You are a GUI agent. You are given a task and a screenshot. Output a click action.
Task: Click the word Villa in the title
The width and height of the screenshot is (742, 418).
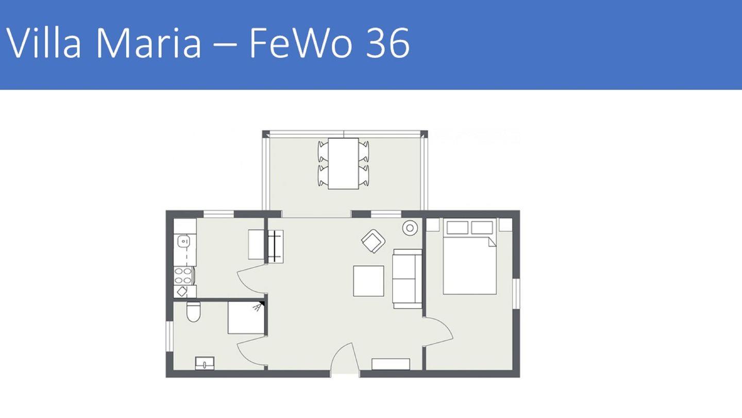point(43,43)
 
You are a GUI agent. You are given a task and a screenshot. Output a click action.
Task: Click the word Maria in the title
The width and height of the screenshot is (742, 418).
point(149,43)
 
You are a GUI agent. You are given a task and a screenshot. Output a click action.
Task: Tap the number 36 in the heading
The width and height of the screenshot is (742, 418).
point(388,43)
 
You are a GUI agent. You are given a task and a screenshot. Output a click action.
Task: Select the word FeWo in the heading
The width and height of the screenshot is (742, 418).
point(300,43)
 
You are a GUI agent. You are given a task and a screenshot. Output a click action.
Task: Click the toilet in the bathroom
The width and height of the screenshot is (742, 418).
point(193,311)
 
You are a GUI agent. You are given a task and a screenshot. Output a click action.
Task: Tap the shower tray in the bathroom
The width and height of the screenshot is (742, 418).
point(246,317)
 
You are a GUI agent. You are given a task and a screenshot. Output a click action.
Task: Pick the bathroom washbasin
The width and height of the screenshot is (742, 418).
point(205,363)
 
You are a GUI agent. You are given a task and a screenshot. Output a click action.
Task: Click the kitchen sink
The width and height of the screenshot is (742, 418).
point(184,241)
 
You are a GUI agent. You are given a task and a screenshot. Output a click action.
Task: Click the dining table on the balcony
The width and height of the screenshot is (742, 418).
point(344,164)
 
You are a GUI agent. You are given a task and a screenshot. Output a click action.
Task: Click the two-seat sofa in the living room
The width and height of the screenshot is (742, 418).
point(407,279)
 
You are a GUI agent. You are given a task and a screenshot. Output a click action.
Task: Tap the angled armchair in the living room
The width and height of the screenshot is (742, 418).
point(373,241)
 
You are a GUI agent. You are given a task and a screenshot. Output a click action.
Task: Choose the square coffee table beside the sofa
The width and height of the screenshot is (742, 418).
point(369,281)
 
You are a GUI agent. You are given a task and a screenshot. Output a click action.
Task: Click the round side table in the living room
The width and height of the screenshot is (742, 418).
point(410,228)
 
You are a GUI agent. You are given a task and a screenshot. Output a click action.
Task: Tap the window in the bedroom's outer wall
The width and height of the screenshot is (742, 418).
point(516,294)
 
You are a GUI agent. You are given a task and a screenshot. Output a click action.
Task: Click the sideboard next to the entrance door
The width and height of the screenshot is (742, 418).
point(391,364)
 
